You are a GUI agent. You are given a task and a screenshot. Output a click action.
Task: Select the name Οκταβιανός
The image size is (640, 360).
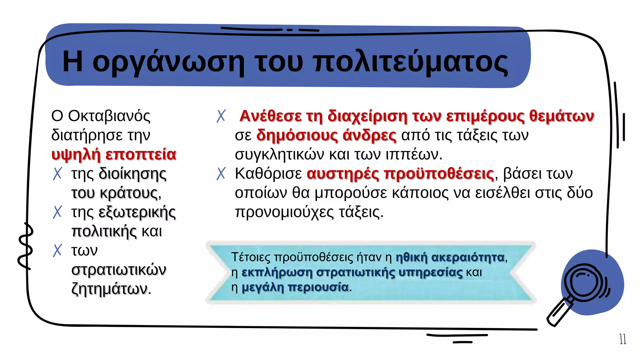click(109, 116)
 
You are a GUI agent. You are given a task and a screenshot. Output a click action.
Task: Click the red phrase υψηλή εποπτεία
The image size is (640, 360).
click(114, 154)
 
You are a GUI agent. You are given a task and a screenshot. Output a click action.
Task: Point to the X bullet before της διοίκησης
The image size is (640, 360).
click(57, 173)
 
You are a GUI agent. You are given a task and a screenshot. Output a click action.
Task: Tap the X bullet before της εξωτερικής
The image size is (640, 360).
click(57, 212)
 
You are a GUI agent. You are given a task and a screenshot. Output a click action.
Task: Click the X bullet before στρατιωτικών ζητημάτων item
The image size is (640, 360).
click(57, 250)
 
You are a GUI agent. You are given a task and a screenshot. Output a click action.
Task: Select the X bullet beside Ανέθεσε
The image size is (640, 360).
click(221, 116)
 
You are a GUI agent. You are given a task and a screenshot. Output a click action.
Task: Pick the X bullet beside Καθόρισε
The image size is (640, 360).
click(221, 173)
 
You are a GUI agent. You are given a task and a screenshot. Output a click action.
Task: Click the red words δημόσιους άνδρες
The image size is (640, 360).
click(326, 135)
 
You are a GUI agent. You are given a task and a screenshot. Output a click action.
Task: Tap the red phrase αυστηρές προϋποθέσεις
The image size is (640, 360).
click(400, 174)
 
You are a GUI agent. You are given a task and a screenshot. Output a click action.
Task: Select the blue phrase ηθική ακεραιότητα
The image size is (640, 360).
click(450, 257)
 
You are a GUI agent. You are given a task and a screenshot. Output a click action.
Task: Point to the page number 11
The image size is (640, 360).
click(623, 339)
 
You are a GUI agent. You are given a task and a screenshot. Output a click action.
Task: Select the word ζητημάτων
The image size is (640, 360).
click(109, 289)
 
